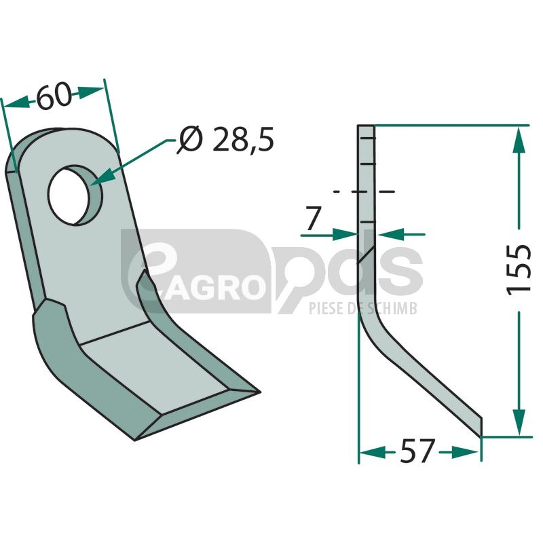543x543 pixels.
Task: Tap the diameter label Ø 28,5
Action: pyautogui.click(x=225, y=139)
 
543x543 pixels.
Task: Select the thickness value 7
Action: pyautogui.click(x=314, y=219)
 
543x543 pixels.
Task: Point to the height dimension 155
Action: pyautogui.click(x=519, y=269)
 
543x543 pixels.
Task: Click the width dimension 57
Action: pyautogui.click(x=417, y=451)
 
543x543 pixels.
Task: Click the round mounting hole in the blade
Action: pyautogui.click(x=75, y=195)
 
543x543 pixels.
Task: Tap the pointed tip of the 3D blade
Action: pyautogui.click(x=259, y=392)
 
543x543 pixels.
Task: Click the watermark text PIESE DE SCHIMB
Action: pyautogui.click(x=363, y=308)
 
